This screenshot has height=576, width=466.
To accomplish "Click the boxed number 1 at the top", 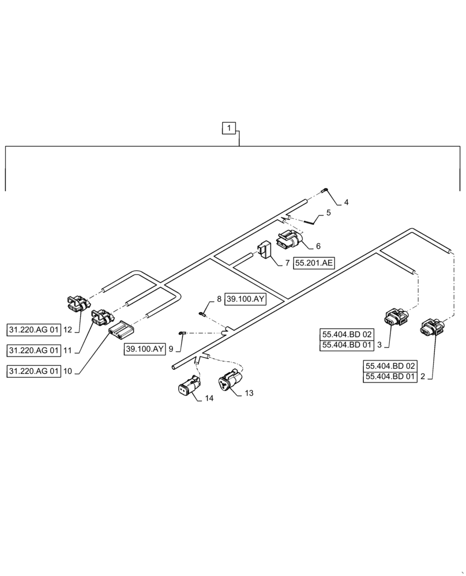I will [x=230, y=127].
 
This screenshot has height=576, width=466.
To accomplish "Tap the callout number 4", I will [x=346, y=202].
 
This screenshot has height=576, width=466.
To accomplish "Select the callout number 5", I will [x=328, y=213].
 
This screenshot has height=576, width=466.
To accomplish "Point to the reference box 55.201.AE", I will [x=314, y=263].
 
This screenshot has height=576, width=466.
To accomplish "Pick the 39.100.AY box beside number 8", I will [x=245, y=300].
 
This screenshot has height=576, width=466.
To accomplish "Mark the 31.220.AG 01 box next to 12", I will [x=34, y=330].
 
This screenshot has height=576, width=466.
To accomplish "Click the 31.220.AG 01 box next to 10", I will [x=34, y=372].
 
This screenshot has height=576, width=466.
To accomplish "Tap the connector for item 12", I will [x=77, y=303].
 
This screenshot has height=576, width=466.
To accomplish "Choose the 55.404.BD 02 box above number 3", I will [x=347, y=334].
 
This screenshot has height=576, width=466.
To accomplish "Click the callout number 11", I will [x=68, y=350].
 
